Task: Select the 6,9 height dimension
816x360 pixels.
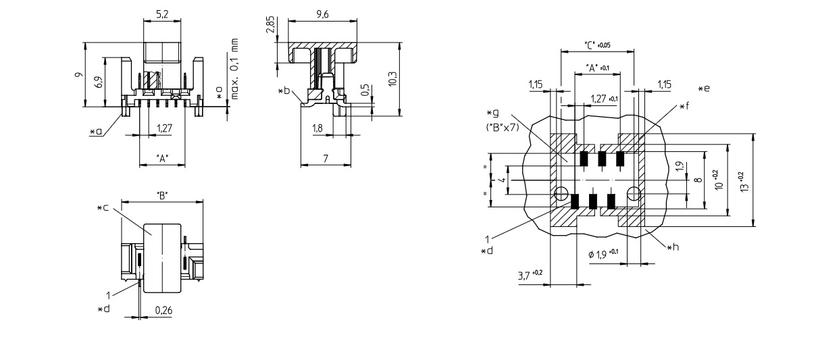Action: (99, 82)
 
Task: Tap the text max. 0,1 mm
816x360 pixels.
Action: (235, 69)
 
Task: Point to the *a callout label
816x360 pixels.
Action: (96, 132)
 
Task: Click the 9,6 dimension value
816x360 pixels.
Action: (321, 16)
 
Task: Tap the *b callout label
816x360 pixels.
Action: (285, 90)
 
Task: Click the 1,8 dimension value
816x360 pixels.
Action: (317, 128)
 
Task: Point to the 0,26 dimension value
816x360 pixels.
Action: (163, 311)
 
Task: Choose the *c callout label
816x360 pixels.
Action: (103, 207)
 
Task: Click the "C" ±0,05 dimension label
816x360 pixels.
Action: (597, 45)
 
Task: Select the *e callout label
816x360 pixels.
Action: (706, 88)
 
